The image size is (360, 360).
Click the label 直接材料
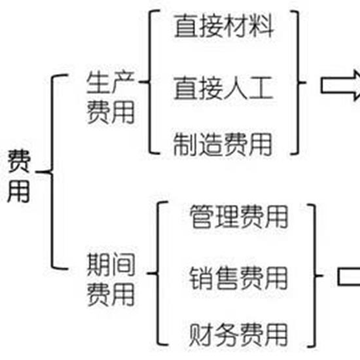click(x=224, y=26)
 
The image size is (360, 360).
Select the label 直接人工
click(x=223, y=88)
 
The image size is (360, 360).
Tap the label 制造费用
click(x=223, y=144)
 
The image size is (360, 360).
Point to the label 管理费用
click(x=239, y=217)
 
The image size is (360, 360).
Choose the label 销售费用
click(x=238, y=278)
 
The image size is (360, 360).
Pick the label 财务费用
click(x=238, y=334)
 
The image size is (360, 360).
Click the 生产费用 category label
click(x=111, y=98)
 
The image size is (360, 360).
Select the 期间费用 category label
click(x=111, y=279)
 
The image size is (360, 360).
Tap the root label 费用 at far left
click(x=19, y=176)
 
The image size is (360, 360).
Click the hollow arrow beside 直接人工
click(x=341, y=85)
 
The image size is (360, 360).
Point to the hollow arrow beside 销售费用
click(x=349, y=276)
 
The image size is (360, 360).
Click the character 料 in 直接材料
click(x=262, y=26)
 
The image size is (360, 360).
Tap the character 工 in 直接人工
click(x=261, y=88)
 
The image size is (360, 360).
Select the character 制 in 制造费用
click(x=185, y=144)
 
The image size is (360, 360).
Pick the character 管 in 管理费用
click(x=202, y=217)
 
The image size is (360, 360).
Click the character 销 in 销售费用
click(x=201, y=278)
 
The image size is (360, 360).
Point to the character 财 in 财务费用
click(x=201, y=334)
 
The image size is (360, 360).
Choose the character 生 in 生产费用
click(x=98, y=82)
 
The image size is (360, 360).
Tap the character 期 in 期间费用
click(x=99, y=264)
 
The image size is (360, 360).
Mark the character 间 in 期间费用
click(x=123, y=264)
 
